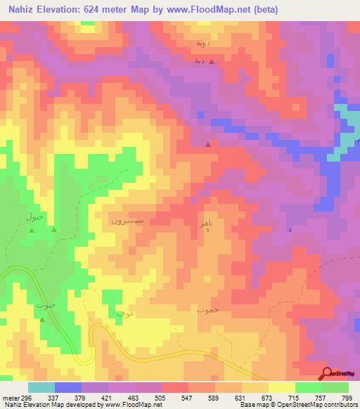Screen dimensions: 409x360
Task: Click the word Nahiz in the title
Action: click(24, 10)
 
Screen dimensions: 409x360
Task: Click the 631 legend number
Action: click(241, 398)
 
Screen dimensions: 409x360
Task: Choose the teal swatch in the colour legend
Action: click(41, 387)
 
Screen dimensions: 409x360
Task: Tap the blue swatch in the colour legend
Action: click(68, 387)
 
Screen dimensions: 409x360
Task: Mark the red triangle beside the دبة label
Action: click(212, 61)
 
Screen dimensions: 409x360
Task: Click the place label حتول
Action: click(35, 216)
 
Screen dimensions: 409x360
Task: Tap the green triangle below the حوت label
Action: click(42, 320)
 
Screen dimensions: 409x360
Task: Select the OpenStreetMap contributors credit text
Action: click(322, 405)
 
